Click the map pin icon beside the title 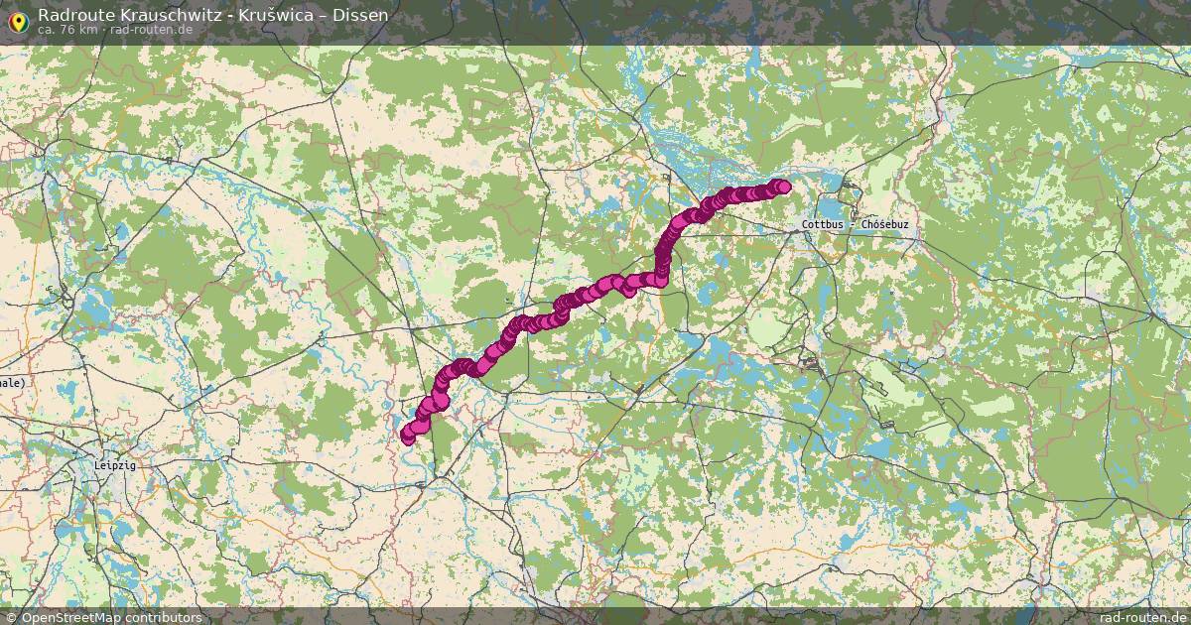(x=17, y=19)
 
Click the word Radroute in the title (x=71, y=15)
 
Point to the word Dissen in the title (x=360, y=15)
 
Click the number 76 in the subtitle (x=66, y=30)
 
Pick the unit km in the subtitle (x=88, y=30)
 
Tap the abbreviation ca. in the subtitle (x=47, y=30)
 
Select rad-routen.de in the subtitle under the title (x=151, y=30)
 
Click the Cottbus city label (x=823, y=225)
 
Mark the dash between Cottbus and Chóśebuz (x=854, y=225)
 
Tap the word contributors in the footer (x=164, y=617)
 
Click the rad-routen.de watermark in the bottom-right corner (x=1142, y=617)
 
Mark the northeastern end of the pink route (x=783, y=187)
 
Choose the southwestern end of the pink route (x=407, y=437)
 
